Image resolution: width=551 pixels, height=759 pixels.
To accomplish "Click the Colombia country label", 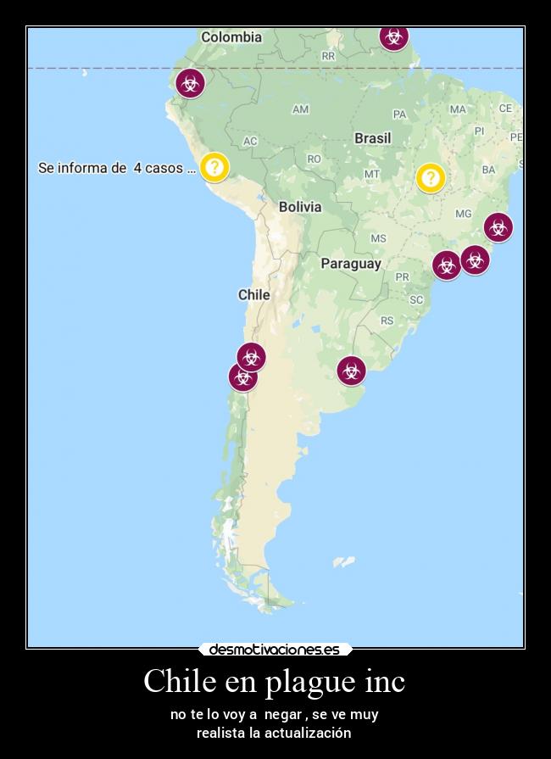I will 231,37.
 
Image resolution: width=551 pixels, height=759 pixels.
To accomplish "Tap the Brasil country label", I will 372,137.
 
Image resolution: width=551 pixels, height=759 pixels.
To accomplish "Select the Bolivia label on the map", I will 300,207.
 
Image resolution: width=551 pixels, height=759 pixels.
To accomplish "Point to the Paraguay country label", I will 350,264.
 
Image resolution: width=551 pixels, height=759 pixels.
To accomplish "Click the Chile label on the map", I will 253,295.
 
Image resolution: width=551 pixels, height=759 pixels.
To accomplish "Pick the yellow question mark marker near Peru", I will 214,166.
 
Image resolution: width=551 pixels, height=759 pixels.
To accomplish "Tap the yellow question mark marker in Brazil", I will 431,177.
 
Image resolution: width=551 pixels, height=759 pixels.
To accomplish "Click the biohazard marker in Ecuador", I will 190,83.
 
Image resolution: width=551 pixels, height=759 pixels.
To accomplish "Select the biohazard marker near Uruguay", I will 351,371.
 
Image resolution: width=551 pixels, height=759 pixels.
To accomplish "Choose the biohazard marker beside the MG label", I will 498,227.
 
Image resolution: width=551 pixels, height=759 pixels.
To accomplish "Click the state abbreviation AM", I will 300,109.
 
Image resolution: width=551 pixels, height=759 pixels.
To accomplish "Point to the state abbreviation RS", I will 387,321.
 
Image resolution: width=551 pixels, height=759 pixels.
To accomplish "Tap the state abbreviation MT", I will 371,174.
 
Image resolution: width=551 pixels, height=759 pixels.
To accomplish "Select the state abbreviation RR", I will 329,56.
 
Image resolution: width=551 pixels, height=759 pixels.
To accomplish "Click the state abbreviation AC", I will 250,141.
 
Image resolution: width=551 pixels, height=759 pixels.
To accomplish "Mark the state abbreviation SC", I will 416,299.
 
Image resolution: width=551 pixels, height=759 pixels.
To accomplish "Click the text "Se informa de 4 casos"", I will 117,168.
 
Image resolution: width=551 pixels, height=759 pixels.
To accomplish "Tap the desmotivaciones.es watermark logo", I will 275,650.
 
